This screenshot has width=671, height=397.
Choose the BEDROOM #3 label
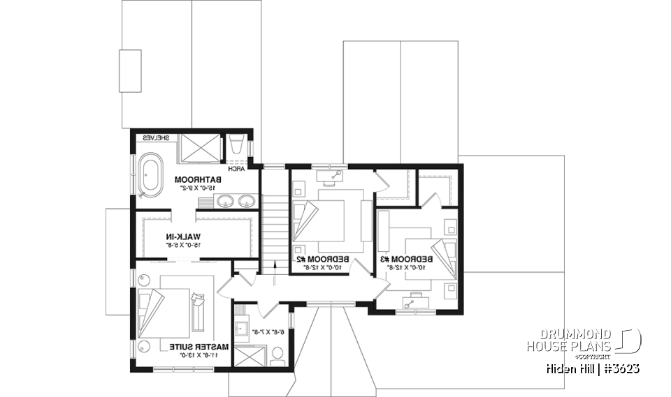point(407,258)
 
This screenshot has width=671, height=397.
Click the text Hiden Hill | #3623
point(592,368)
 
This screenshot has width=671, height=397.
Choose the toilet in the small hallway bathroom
point(277,356)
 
